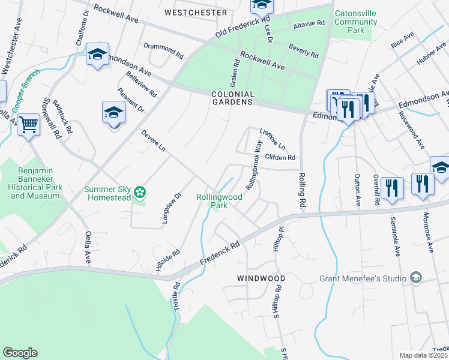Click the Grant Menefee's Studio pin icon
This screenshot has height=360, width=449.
[x=415, y=277]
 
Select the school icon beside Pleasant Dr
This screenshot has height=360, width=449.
[x=113, y=113]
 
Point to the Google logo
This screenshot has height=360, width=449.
[x=20, y=353]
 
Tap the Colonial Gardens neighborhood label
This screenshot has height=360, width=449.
[x=232, y=98]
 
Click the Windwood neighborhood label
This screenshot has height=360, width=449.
[x=261, y=279]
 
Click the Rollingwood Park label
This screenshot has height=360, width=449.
[x=219, y=200]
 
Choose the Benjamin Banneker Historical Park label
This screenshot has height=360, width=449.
[x=37, y=183]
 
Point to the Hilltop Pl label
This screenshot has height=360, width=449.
[x=278, y=235]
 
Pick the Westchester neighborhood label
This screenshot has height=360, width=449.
[x=196, y=13]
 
